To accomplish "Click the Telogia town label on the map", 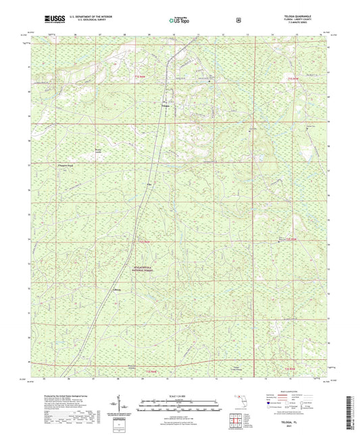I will point(165,106).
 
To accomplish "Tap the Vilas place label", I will point(149,183).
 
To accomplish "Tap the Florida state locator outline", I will point(238,405).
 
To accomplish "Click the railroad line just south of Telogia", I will point(161,125).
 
